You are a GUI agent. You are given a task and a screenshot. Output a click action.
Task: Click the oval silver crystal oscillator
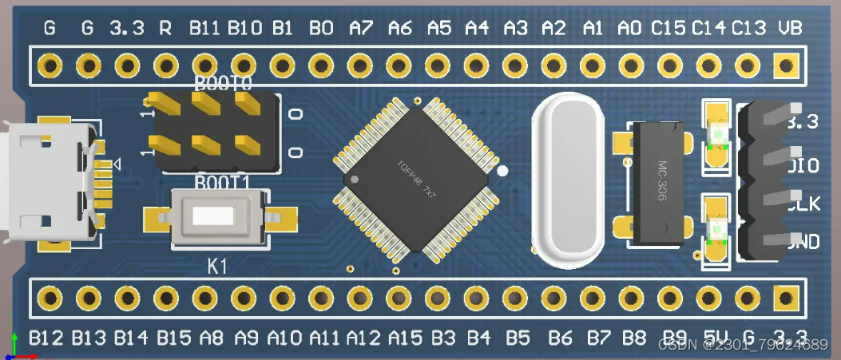point(572,180)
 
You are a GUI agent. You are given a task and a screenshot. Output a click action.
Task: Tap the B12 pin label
point(46,338)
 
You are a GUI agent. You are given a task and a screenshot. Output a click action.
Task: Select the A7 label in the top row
point(360,29)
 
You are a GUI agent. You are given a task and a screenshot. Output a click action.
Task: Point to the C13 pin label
point(748,29)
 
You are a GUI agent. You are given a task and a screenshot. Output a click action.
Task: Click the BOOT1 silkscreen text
point(223,182)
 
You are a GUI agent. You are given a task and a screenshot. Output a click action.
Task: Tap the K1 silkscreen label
point(217,266)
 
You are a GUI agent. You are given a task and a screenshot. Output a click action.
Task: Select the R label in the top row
point(165,29)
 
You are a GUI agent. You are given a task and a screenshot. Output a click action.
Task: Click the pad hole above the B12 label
point(50,298)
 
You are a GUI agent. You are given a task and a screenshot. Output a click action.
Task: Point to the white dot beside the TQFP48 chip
point(502,171)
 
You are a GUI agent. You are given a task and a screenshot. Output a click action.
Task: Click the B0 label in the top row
point(321,29)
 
